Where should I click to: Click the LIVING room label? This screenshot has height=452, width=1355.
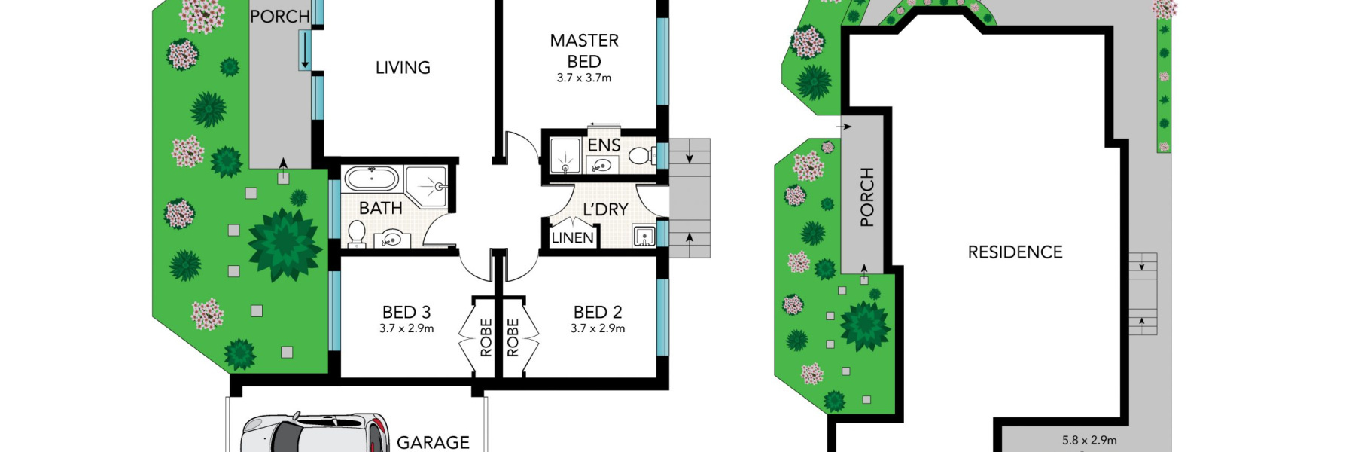pos(403,68)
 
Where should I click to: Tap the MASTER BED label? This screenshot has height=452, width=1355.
pos(584,50)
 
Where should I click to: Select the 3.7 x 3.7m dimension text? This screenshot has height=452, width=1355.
pos(584,78)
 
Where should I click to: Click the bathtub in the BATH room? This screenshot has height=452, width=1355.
pos(371,179)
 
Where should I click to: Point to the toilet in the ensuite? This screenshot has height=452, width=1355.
pos(641,156)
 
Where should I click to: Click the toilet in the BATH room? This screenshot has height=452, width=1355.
pos(357,233)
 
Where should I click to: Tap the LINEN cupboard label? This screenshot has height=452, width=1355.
pos(572,238)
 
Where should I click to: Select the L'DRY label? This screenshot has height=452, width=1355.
pos(605,209)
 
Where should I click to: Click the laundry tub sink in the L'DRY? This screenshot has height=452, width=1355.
pos(644,236)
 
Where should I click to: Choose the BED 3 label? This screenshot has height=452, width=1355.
pos(406,312)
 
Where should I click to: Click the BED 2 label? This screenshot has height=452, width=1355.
pos(598,312)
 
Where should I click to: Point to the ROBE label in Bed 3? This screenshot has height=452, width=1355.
pos(486,337)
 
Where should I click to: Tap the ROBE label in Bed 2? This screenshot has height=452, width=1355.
pos(513,337)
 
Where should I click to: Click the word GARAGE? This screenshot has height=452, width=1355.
pos(433,442)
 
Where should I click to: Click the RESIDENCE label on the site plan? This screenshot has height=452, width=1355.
pos(1015,252)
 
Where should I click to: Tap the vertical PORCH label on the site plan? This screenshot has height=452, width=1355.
pos(867,197)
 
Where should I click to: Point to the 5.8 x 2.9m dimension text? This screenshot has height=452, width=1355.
pos(1089,441)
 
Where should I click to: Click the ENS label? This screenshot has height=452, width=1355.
pos(604,145)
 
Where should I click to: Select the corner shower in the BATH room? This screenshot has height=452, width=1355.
pos(428,188)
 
